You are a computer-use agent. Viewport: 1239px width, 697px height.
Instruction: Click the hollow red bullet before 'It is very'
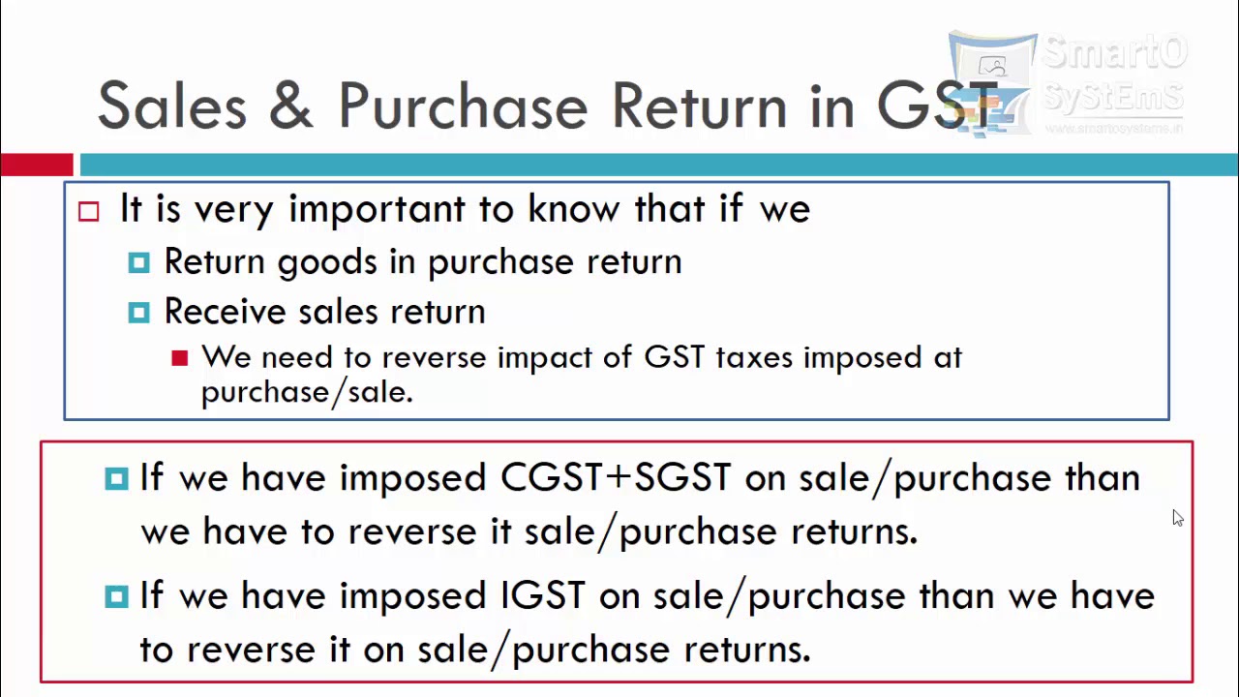point(89,211)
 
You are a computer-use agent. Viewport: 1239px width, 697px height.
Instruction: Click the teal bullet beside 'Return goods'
point(138,262)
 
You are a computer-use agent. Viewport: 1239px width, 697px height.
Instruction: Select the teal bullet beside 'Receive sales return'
point(138,312)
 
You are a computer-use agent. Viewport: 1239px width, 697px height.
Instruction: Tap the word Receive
point(226,312)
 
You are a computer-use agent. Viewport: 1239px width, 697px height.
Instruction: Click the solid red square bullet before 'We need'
point(179,358)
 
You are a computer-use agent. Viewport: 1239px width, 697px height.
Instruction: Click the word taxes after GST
point(754,358)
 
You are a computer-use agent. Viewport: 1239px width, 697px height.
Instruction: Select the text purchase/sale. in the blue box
point(307,392)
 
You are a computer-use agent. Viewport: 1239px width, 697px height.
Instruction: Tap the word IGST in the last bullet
point(542,595)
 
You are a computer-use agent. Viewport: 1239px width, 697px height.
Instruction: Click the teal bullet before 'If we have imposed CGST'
point(116,478)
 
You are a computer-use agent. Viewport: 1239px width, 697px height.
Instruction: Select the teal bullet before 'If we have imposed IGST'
point(116,595)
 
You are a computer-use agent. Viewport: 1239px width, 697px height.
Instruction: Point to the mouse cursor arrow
point(1177,518)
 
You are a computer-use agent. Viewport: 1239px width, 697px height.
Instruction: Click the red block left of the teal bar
point(36,165)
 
